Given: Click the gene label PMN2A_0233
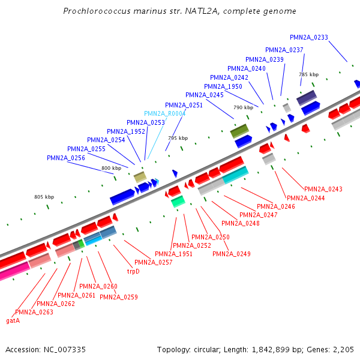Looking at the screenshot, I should pos(308,37).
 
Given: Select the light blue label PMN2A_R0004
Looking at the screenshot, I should pos(165,113).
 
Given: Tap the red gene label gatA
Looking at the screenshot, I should pos(13,320).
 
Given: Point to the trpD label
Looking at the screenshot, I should pos(133,271).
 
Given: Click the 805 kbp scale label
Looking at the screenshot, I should pos(44,197).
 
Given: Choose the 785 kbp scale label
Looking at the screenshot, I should pos(308,74).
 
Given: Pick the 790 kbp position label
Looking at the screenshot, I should pos(243,107).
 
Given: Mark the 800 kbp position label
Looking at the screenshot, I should pos(111,168).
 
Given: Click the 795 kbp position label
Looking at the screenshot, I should pos(178,138).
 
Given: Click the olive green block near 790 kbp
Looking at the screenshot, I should pos(239,131).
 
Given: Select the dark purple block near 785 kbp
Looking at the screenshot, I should pos(307,97).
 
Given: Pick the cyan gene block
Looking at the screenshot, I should pos(235,175).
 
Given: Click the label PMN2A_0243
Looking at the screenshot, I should pos(323,190).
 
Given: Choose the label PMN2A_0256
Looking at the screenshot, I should pos(66,158).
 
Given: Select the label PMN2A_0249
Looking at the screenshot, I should pos(232,254).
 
